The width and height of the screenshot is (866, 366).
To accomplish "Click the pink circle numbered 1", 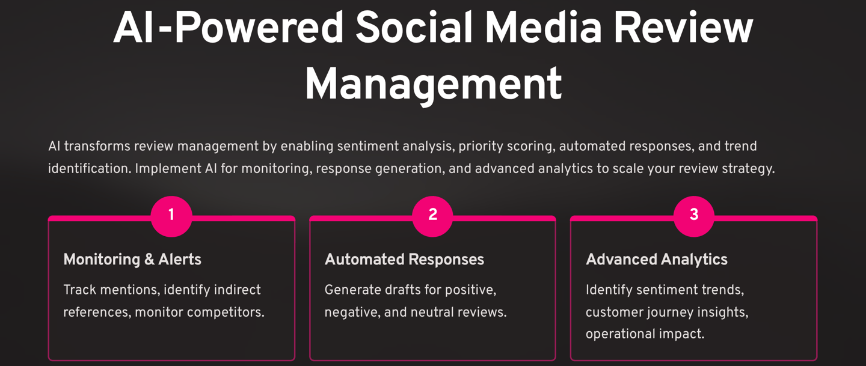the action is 171,216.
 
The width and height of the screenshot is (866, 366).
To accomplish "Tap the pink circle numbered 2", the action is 432,216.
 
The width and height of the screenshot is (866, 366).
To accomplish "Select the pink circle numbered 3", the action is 694,216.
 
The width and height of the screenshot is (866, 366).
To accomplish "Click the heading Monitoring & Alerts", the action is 132,260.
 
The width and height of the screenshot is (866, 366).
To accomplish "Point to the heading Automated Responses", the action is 404,260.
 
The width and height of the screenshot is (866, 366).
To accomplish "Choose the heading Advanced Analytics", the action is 657,260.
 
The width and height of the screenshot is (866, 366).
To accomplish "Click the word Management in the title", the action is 434,84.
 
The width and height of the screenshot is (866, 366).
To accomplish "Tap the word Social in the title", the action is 414,28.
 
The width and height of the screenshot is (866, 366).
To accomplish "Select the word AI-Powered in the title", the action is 228,28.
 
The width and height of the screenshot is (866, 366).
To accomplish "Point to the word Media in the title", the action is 543,28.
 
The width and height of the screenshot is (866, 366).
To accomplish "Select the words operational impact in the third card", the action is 645,334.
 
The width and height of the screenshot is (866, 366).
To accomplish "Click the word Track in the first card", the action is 79,290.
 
